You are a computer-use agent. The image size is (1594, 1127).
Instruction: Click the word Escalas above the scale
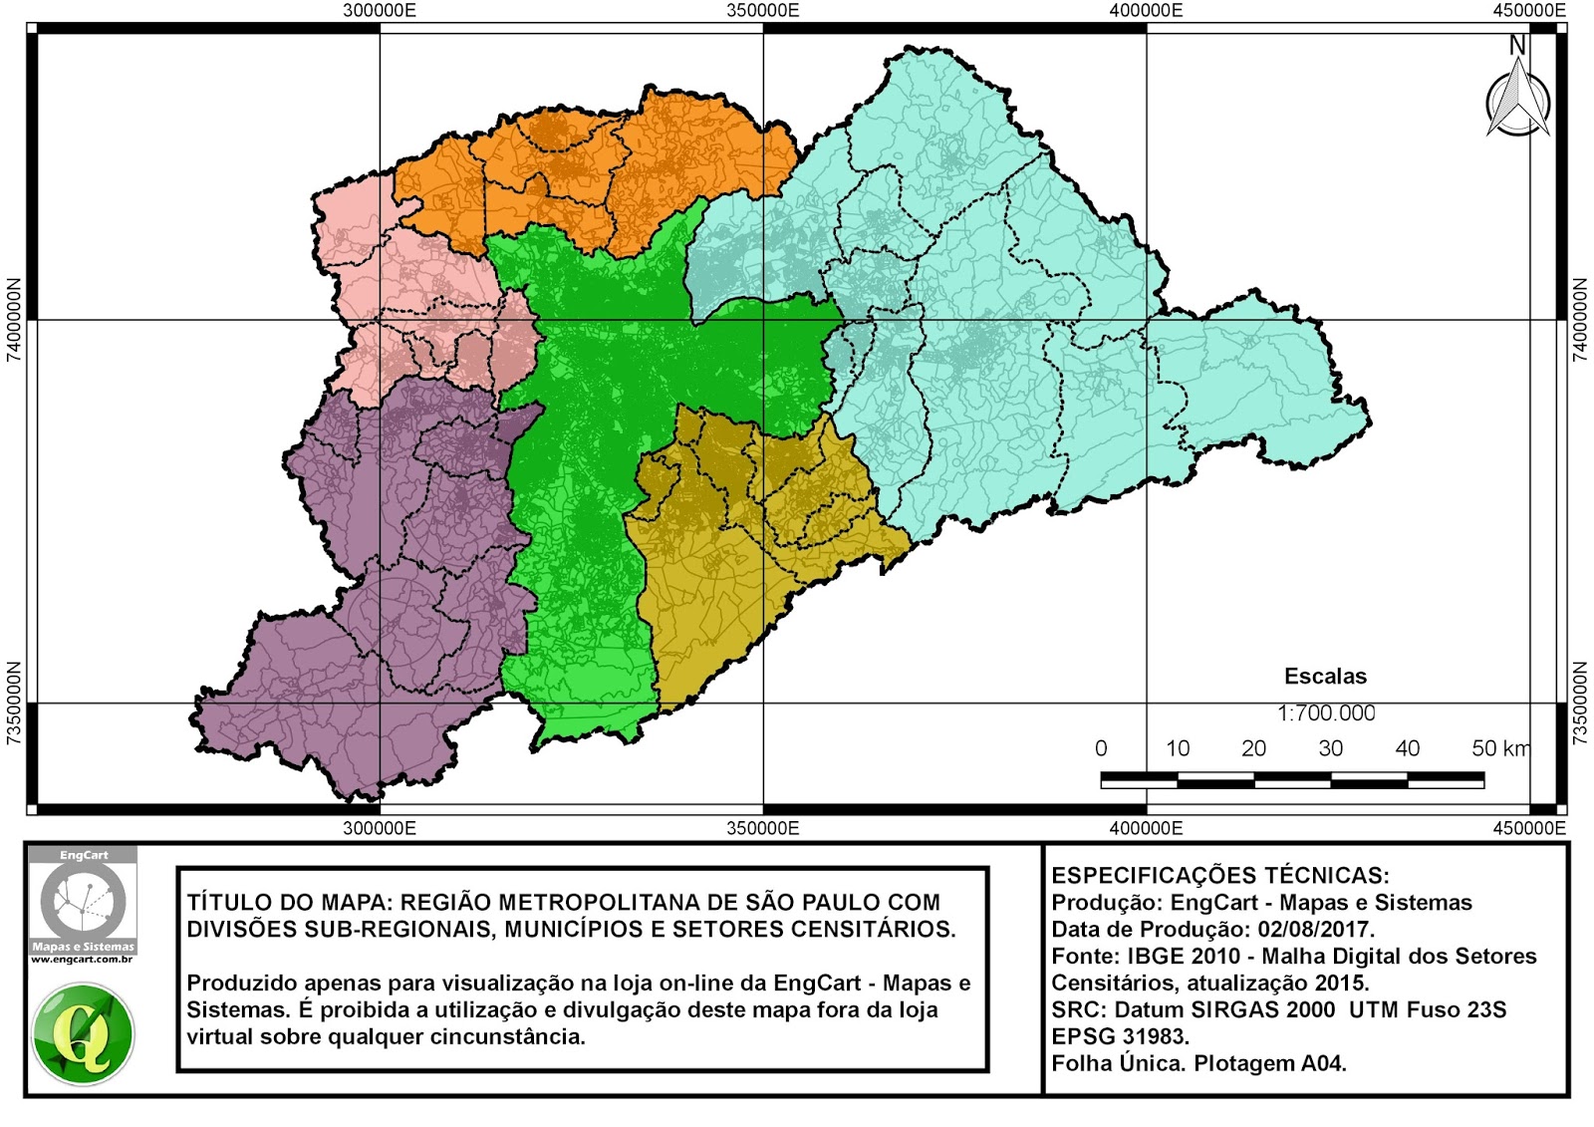pos(1325,677)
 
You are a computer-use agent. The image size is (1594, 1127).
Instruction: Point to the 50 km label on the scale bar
pos(1499,748)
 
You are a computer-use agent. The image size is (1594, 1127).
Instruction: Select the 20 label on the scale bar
pos(1253,748)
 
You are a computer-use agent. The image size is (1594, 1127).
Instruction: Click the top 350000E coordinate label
pos(762,10)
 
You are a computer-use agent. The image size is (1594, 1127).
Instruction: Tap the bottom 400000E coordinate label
pos(1146,828)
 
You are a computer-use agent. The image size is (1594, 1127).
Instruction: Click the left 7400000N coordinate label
pos(14,319)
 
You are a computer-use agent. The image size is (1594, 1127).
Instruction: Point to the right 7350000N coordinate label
pos(1580,703)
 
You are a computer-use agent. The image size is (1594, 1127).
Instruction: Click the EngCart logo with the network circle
pos(83,900)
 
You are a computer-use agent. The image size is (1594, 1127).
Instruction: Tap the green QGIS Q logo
pos(83,1034)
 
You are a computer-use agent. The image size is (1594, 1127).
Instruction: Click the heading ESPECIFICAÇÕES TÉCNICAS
pos(1219,876)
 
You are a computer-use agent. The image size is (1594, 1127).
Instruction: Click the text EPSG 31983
pos(1120,1036)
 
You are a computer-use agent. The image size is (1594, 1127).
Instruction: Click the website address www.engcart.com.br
pos(82,960)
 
